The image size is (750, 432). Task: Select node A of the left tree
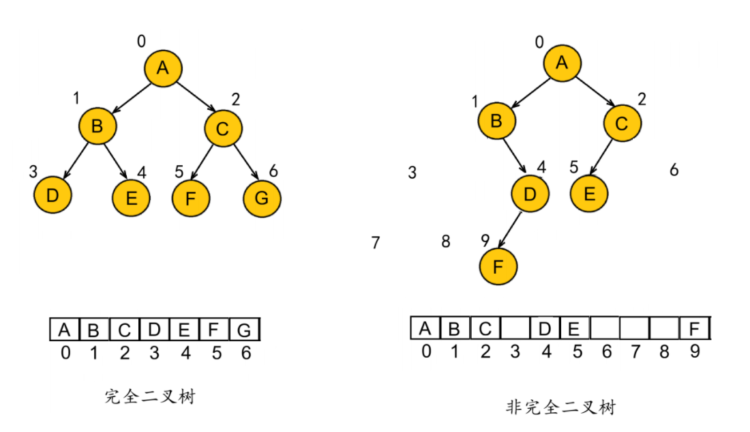coord(162,67)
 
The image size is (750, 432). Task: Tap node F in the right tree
coord(498,267)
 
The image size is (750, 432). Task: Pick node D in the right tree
coord(530,195)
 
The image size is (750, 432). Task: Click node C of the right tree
coord(621,124)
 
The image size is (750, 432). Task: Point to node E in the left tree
coord(132,198)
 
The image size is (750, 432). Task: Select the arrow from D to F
coord(511,229)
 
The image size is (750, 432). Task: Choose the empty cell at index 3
coord(515,329)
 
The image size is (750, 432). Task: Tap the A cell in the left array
coord(65,331)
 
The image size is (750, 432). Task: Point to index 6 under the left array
coord(246,353)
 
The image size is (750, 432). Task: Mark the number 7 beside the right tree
coord(375,242)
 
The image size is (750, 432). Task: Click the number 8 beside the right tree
coord(446,242)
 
